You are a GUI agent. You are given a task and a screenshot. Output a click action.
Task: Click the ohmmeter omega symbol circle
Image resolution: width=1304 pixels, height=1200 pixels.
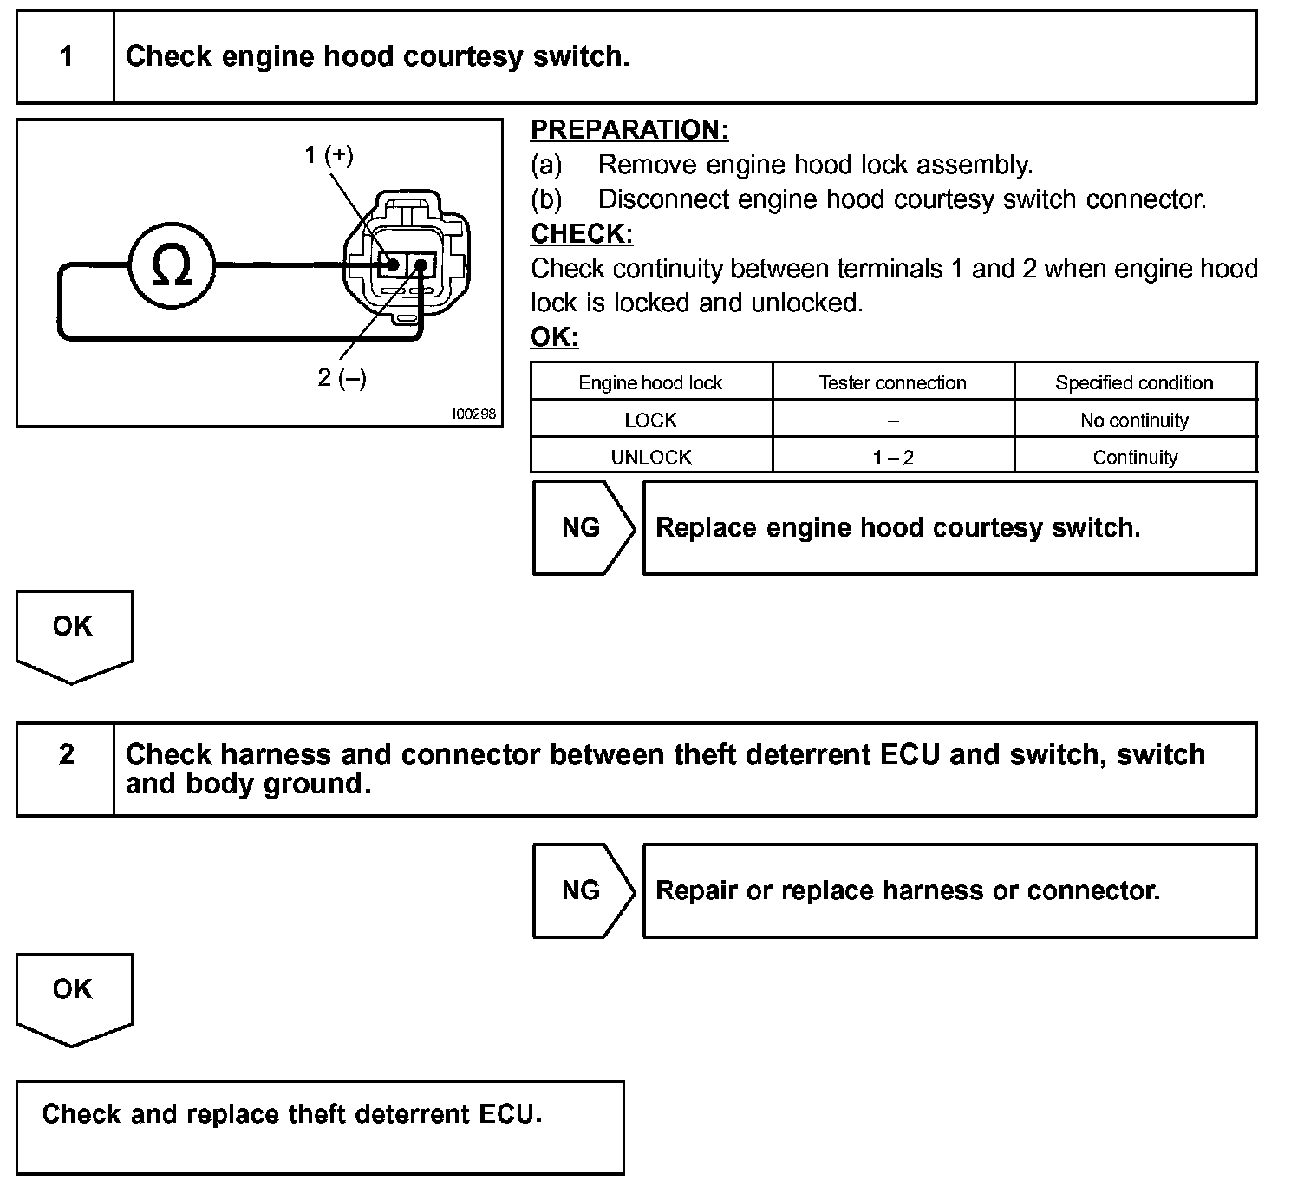coord(172,264)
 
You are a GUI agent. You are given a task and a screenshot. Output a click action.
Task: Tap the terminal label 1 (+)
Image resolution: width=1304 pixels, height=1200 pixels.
coord(329,155)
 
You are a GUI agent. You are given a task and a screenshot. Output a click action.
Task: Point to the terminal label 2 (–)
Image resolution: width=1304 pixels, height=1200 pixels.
coord(342,378)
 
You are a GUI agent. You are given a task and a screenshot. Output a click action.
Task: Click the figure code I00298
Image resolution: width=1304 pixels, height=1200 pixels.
coord(473,414)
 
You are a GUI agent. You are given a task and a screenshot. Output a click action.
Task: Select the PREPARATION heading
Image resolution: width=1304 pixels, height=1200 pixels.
coord(629,130)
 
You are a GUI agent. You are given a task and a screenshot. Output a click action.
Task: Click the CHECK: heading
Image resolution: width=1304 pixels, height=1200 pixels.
coord(582,234)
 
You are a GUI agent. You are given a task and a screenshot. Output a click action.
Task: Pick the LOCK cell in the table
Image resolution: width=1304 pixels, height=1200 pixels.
coord(650,421)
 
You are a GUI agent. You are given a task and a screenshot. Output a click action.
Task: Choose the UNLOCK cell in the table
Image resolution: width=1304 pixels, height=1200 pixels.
coord(650,457)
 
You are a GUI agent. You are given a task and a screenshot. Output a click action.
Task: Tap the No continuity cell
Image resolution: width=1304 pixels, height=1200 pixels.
coord(1134,421)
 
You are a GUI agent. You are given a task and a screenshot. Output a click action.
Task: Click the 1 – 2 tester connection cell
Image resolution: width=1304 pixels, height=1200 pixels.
coord(893,457)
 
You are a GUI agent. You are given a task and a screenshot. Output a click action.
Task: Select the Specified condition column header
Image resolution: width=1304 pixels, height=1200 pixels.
coord(1134,383)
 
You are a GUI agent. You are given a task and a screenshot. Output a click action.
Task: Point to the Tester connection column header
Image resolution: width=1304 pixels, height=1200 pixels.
coord(893,383)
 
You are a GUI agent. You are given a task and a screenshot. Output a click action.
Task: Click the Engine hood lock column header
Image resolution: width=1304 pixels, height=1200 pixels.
coord(650,383)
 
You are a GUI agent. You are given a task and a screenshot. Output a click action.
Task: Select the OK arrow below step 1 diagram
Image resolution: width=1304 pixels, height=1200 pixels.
coord(73,631)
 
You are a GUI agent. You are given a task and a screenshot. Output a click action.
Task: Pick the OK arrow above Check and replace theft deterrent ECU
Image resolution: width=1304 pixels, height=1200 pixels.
coord(73,995)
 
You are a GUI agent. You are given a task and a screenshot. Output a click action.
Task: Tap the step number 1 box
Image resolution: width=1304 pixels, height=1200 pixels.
coord(66,57)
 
